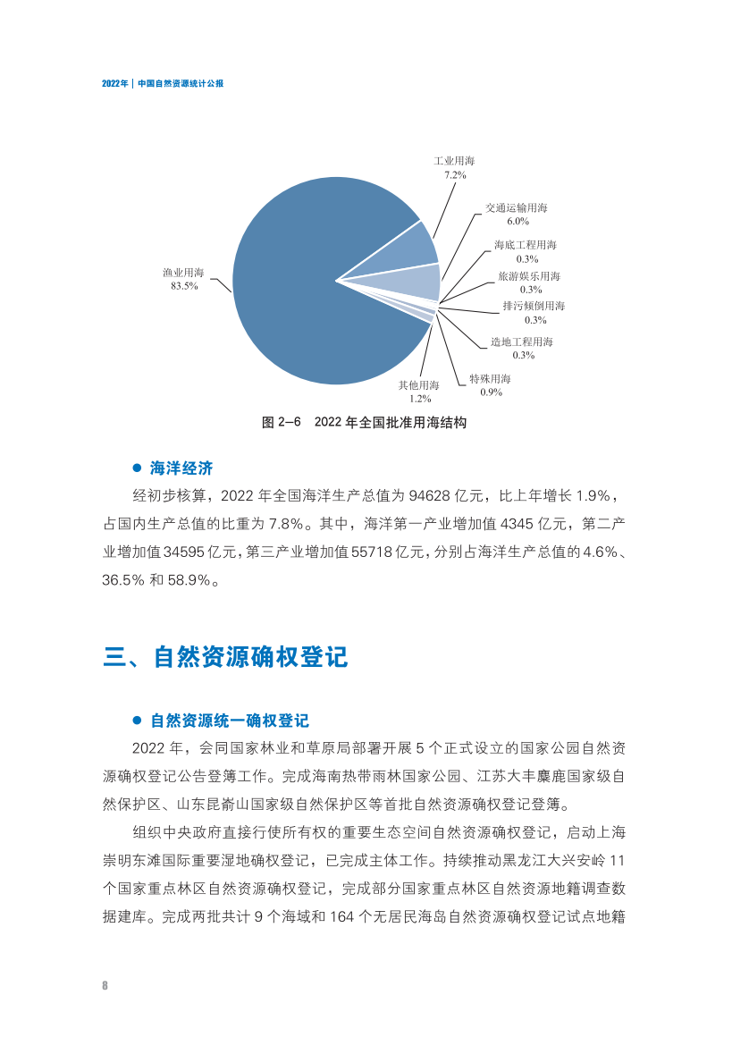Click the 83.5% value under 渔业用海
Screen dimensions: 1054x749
184,286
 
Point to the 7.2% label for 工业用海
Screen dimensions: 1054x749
455,175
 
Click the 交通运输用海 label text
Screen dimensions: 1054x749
516,207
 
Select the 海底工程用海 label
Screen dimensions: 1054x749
526,244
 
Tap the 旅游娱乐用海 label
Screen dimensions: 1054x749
529,276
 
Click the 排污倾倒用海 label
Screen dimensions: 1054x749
534,306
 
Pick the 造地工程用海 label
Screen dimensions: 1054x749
522,341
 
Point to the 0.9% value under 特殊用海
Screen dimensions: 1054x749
491,392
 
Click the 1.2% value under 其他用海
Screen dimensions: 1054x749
419,398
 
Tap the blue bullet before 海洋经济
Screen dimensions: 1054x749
137,468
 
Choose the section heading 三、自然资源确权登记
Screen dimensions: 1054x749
225,657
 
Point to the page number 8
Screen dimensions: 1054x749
105,985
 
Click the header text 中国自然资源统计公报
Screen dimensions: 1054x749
181,82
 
